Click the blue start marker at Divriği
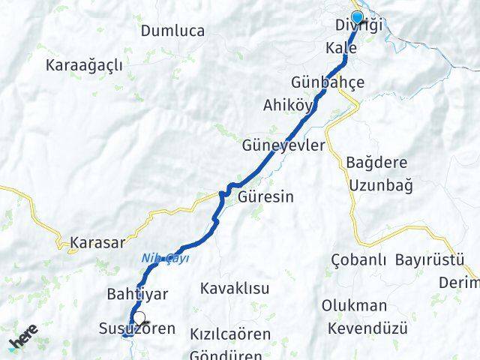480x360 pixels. point(357,18)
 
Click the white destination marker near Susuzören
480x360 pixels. point(139,318)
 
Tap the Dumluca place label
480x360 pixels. point(172,31)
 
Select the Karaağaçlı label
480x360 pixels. point(84,64)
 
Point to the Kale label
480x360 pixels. point(341,48)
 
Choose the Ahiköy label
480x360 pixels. point(287,105)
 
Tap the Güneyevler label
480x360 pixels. point(284,145)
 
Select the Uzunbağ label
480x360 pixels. point(379,184)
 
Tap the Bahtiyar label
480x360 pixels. point(137,294)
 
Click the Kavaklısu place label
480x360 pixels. point(234,288)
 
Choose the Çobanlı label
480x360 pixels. point(358,260)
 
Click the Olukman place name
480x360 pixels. point(354,306)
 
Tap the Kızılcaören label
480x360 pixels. point(230,334)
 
